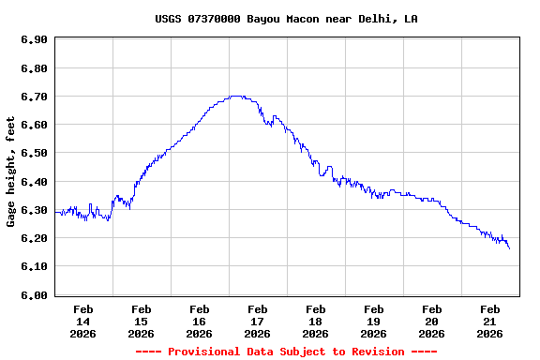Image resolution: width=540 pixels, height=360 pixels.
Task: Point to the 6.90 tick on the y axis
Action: point(34,39)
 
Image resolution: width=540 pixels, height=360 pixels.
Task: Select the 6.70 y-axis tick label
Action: point(34,97)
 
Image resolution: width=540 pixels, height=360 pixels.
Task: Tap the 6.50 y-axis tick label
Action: point(34,153)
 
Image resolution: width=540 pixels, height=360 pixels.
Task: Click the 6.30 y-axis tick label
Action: point(34,210)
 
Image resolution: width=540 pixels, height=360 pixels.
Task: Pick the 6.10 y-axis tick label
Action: point(34,267)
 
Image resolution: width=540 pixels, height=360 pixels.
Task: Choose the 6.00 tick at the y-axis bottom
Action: point(34,295)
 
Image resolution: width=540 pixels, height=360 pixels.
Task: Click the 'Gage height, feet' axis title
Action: point(11,171)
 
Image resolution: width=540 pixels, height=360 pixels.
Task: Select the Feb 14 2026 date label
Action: point(83,321)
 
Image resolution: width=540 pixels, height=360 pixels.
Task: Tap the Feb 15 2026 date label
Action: point(142,321)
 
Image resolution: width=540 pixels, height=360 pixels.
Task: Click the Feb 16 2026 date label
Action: point(200,321)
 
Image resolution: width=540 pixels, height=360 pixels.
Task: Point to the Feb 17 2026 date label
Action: point(258,321)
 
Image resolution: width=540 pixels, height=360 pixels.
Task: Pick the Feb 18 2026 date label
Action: point(316,321)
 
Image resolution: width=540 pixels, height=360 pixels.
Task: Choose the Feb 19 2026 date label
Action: point(374,321)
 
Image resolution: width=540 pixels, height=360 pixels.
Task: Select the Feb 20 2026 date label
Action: point(432,321)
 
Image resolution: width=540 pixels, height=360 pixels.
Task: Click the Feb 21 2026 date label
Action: point(490,321)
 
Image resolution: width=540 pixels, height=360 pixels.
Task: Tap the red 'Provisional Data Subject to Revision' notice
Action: point(286,352)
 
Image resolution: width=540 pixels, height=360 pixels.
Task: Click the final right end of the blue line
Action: point(509,248)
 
